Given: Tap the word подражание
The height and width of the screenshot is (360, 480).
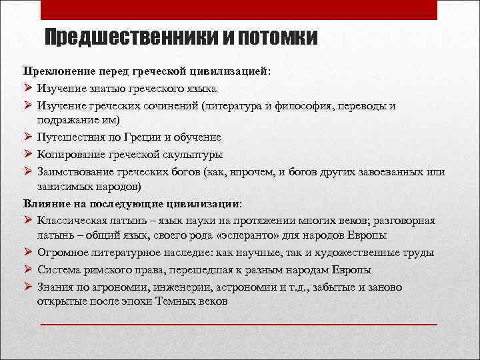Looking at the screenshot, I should point(69,120).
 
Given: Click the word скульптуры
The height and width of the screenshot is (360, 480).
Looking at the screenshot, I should point(192,155).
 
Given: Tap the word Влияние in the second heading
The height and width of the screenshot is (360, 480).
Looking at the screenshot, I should point(45,203).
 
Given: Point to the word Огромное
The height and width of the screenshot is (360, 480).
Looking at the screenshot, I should point(62,253).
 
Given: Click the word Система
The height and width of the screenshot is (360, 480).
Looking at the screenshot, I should point(57,269).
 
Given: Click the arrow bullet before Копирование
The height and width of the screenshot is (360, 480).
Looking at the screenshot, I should point(28,155).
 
